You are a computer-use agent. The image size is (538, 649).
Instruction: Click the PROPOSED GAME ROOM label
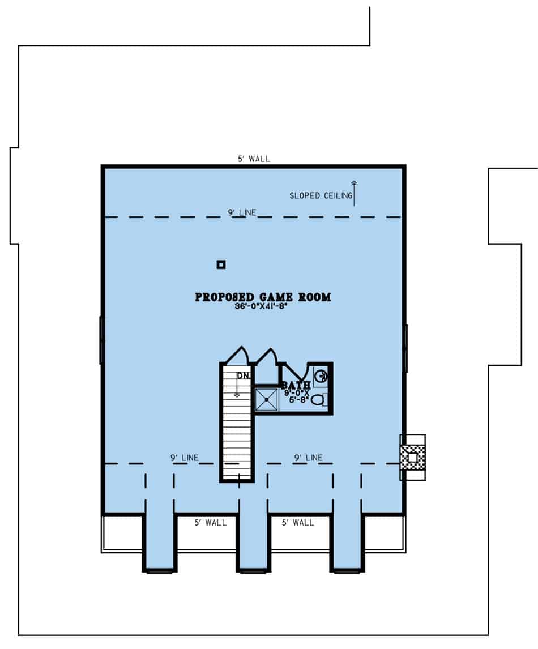pyautogui.click(x=263, y=297)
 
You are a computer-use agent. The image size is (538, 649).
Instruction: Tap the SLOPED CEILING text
pyautogui.click(x=320, y=196)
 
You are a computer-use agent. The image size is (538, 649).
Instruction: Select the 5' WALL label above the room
pyautogui.click(x=254, y=159)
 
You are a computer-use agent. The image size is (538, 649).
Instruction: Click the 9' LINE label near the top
pyautogui.click(x=242, y=212)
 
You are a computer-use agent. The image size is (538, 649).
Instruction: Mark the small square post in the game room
pyautogui.click(x=221, y=264)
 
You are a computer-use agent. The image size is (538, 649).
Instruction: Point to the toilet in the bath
pyautogui.click(x=319, y=400)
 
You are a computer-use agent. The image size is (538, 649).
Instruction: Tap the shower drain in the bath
pyautogui.click(x=266, y=400)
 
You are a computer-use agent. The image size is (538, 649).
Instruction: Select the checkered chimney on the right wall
pyautogui.click(x=413, y=457)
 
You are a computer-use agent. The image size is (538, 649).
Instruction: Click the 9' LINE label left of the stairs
pyautogui.click(x=185, y=458)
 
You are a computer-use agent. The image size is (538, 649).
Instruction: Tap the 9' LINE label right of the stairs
pyautogui.click(x=308, y=458)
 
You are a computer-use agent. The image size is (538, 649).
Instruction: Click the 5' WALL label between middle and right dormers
pyautogui.click(x=298, y=522)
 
